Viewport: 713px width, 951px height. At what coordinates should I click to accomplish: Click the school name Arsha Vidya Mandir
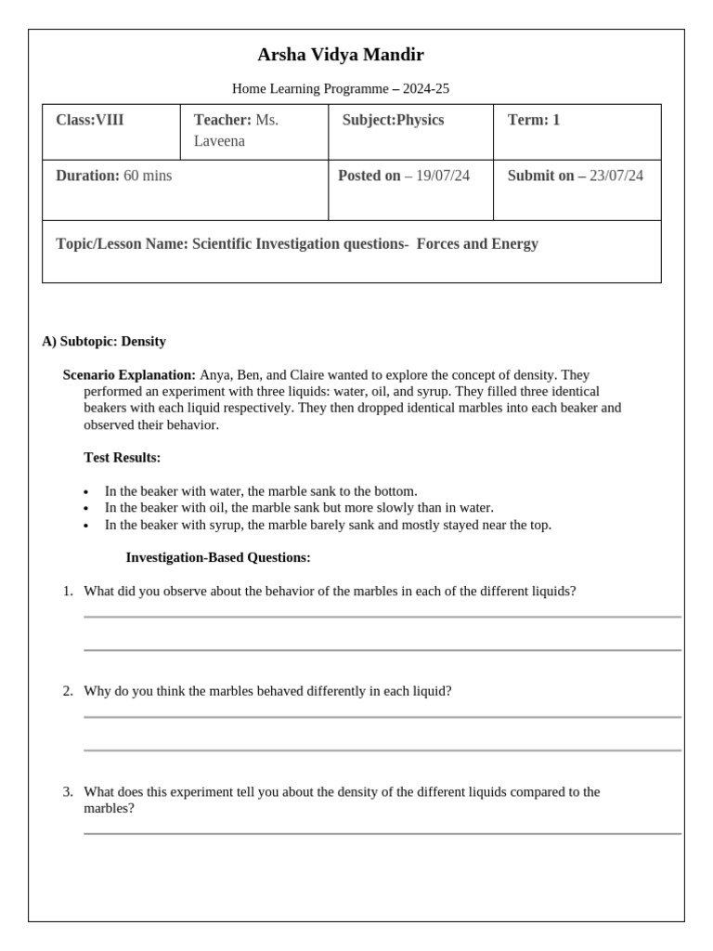coord(341,55)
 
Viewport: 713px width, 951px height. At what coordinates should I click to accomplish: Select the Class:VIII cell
coord(89,120)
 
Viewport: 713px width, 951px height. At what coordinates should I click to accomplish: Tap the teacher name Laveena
coord(219,141)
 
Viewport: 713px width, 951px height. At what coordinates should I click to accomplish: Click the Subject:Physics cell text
coord(393,120)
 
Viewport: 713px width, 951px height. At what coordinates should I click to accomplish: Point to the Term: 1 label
coord(534,120)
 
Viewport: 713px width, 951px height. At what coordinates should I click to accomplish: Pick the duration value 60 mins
coord(148,176)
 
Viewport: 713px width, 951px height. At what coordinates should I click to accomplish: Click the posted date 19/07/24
coord(443,176)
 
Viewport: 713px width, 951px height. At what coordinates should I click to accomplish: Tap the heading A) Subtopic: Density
coord(104,341)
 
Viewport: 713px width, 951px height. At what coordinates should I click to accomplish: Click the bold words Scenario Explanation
coord(129,375)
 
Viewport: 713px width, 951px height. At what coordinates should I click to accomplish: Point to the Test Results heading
coord(122,458)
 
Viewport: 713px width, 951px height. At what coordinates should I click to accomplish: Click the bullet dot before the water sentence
coord(86,492)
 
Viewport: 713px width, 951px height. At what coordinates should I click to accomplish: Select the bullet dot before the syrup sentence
coord(86,526)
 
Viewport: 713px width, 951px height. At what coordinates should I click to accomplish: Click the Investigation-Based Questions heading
coord(218,557)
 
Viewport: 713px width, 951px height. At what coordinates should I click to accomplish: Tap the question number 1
coord(68,591)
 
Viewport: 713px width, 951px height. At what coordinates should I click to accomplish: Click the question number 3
coord(68,792)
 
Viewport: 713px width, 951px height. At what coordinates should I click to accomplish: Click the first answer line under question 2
coord(382,717)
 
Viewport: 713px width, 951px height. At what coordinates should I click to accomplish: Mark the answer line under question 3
coord(382,834)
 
